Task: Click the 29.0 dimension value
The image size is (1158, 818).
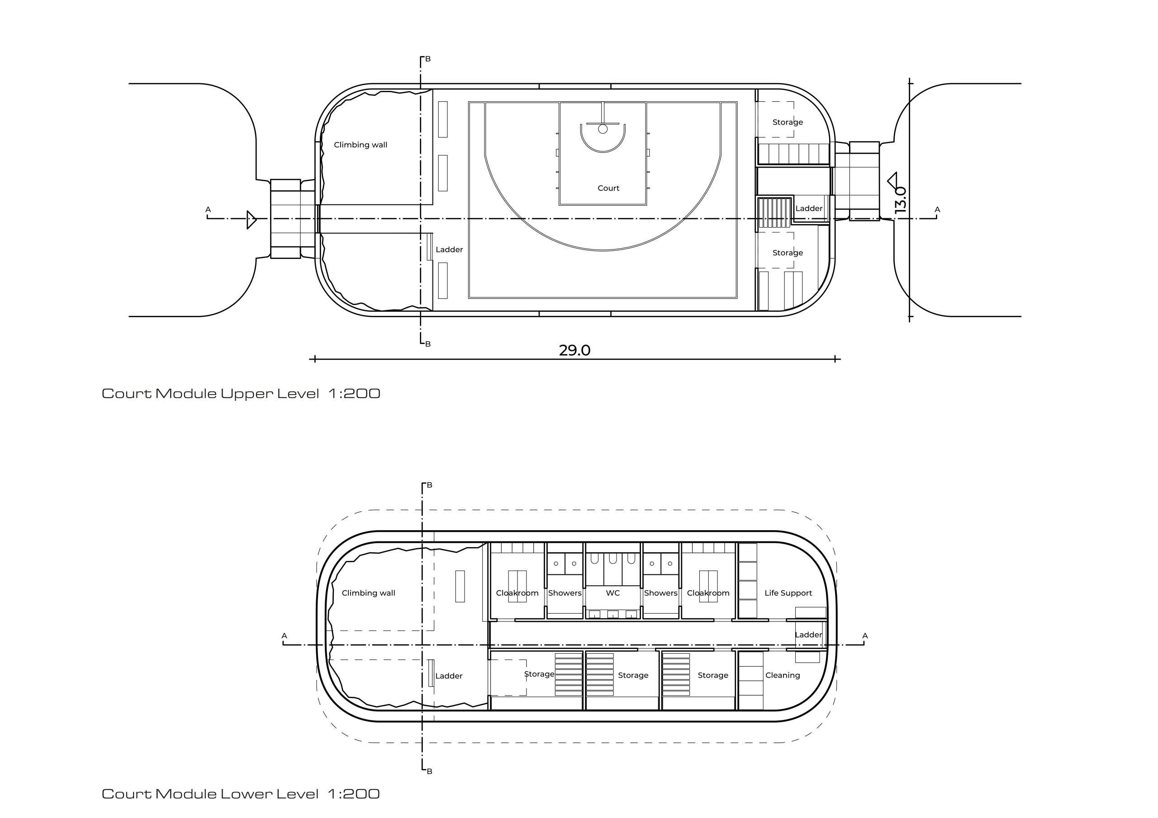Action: [x=574, y=350]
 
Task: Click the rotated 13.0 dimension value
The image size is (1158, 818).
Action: [x=901, y=200]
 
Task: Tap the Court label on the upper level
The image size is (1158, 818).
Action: [x=608, y=188]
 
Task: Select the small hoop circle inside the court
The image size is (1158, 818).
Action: [x=602, y=129]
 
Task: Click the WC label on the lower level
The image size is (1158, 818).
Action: [x=612, y=592]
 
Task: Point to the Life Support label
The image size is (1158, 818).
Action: [x=788, y=592]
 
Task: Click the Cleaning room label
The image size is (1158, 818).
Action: [x=782, y=675]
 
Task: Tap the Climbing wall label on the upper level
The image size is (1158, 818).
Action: [x=360, y=145]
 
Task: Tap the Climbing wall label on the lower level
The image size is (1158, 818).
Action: [x=368, y=592]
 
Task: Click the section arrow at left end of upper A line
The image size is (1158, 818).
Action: [x=251, y=220]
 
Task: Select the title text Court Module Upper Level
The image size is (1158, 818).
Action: [x=210, y=393]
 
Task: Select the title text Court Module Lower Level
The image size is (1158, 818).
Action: [x=210, y=793]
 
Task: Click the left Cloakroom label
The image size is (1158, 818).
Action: [x=517, y=592]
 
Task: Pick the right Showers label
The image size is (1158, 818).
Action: [x=660, y=592]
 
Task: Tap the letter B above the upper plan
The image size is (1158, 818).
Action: [x=428, y=59]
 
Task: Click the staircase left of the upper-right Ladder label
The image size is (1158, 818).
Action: [x=775, y=212]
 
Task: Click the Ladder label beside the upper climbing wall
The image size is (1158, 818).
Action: [x=449, y=249]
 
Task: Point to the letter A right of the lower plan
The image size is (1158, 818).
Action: [x=864, y=635]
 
